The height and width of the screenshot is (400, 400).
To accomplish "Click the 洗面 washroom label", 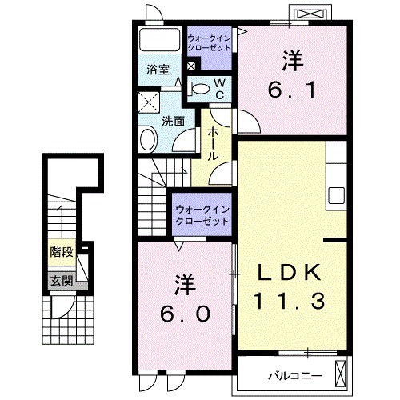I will pos(174,122).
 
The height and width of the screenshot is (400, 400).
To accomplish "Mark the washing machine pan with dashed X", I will pos(148,102).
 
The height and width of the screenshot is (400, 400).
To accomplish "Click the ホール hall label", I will pos(214,144).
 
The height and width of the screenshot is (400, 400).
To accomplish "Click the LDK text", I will pos(290,272).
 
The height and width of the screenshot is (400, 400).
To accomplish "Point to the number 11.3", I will pos(290,302).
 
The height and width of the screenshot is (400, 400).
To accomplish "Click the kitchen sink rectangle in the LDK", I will pos(336,194).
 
